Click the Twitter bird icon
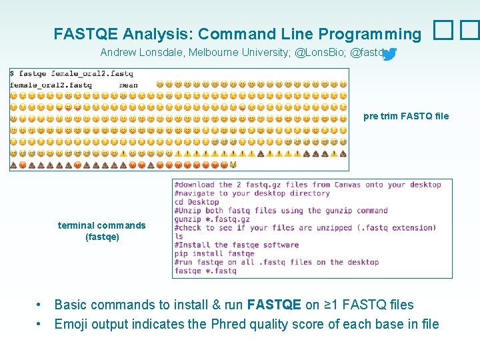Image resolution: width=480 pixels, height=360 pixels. coord(390,54)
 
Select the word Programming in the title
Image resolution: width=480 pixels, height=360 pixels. coord(370,34)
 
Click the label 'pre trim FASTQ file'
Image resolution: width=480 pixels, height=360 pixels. coord(406,116)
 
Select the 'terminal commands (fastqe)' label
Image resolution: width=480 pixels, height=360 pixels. coord(101,231)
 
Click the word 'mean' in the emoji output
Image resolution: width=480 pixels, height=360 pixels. coord(128,85)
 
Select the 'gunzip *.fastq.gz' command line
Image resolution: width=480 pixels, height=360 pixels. coord(212,219)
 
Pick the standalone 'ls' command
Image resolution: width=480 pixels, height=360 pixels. coord(179,236)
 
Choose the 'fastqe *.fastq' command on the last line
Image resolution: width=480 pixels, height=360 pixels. coord(205,271)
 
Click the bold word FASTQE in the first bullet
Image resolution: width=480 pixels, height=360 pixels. coord(274,305)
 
